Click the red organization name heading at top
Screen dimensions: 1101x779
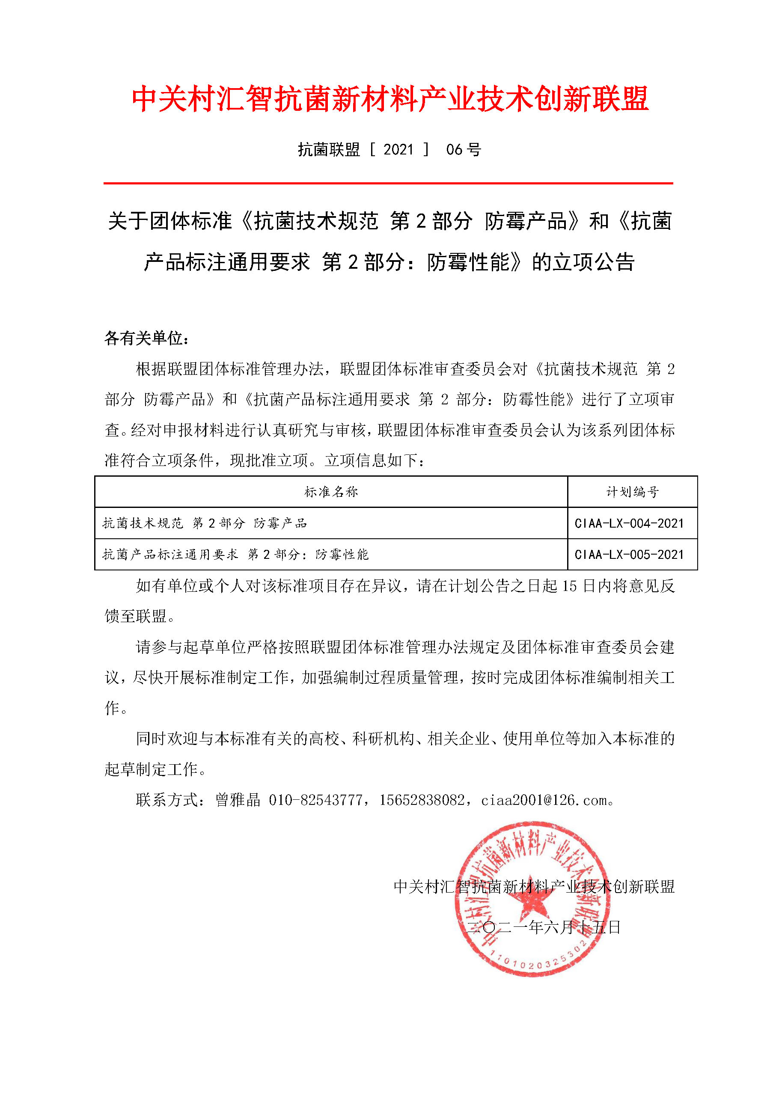(x=389, y=99)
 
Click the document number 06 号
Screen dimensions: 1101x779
(x=463, y=150)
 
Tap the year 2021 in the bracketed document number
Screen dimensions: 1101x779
(x=398, y=150)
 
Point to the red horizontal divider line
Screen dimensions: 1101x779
(x=388, y=183)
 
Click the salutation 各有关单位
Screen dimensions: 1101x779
(x=146, y=338)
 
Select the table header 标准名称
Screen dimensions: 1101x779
(x=331, y=492)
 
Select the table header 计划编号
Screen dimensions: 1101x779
(x=632, y=492)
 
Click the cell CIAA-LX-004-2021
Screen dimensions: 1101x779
(x=629, y=523)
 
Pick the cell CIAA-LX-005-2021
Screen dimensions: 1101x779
(x=629, y=554)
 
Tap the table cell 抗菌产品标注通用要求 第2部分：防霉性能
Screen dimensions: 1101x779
(x=235, y=554)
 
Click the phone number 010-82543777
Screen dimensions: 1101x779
(x=315, y=800)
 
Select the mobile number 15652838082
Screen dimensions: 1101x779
(x=422, y=800)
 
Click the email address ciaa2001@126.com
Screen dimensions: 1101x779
(x=544, y=800)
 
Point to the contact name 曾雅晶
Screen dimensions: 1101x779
(x=238, y=800)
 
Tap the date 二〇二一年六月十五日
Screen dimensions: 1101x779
(x=544, y=927)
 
